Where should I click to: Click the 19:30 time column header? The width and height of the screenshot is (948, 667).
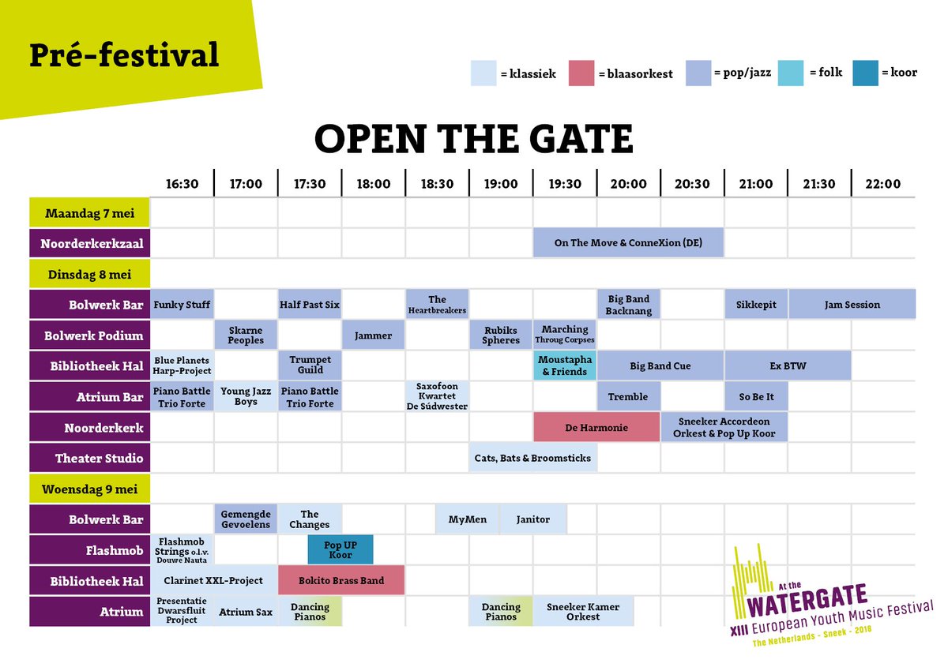[565, 184]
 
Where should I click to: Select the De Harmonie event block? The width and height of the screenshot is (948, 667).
[596, 428]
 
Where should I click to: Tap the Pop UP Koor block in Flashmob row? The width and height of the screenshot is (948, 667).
[340, 549]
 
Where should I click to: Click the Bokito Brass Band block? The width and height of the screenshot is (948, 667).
[341, 581]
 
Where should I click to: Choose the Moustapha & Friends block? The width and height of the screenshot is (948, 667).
[565, 366]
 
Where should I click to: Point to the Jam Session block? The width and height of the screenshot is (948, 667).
[852, 305]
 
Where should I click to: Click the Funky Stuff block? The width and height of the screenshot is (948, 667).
[182, 305]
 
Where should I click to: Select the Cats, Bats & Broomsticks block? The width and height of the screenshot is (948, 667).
[532, 458]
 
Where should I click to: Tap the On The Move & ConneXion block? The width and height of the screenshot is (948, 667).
[628, 243]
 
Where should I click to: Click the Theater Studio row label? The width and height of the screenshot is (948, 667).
[90, 458]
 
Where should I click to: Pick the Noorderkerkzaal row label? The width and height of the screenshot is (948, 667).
[90, 243]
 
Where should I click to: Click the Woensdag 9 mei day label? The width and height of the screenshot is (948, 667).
[90, 489]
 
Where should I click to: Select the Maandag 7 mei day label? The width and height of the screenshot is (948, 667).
[90, 213]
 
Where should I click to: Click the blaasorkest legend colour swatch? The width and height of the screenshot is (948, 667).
[581, 73]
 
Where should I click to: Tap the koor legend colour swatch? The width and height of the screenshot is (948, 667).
[865, 73]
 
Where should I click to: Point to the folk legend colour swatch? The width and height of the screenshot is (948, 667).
[791, 73]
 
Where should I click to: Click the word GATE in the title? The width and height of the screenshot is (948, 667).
[568, 139]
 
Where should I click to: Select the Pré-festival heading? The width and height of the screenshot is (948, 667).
[124, 54]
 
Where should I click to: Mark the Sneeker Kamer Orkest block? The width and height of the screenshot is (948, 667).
[583, 612]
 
